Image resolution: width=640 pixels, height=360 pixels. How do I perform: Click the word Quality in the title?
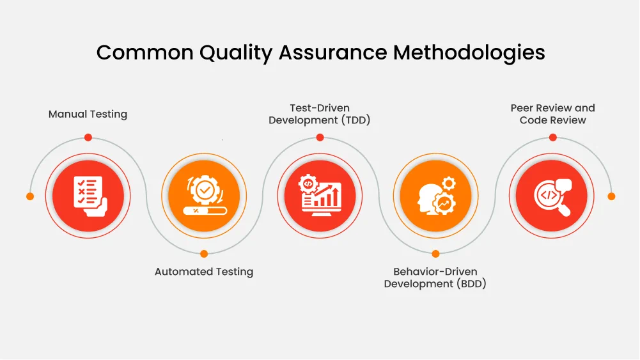coord(236,53)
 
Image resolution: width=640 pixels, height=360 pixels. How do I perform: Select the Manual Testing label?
coord(88,114)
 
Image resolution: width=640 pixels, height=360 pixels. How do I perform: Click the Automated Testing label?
coord(204,272)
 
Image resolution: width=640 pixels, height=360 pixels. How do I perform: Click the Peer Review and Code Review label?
coord(552,114)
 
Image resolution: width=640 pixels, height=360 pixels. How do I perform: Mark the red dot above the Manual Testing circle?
coord(88,137)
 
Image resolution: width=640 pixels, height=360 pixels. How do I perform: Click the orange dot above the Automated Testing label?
coord(204,253)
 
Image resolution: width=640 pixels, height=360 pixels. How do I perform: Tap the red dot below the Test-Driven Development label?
coord(320,137)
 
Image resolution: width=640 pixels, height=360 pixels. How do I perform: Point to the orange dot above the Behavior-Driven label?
coord(435,253)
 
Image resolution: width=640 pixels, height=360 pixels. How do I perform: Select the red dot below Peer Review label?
coord(552,137)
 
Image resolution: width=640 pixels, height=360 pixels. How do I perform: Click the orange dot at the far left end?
coord(30,196)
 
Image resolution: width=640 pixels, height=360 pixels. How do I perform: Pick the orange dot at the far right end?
coord(611,196)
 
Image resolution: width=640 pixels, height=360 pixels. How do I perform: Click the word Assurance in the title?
coord(332,53)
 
